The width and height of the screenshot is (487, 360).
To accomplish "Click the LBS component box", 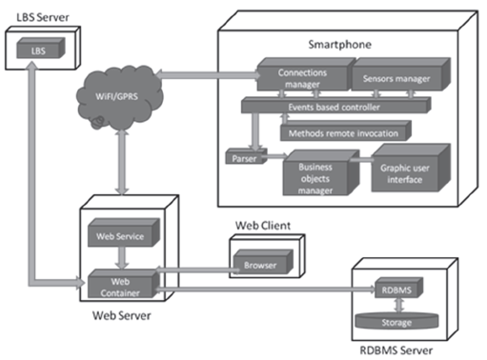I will pyautogui.click(x=37, y=49).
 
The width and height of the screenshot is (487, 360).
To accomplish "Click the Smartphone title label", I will pyautogui.click(x=339, y=44).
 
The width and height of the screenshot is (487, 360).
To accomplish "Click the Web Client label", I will pyautogui.click(x=262, y=226).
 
